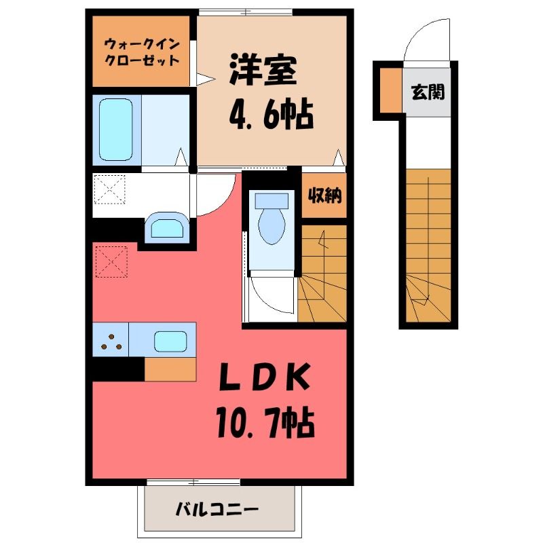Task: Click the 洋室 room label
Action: coord(263,70)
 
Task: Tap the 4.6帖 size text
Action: coord(271,114)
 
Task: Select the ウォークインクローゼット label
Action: coord(142,52)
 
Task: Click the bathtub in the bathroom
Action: coord(115,130)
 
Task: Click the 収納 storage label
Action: coord(324,196)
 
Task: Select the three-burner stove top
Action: coord(111,340)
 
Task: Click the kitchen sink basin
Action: coord(171,341)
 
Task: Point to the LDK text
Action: coord(264,377)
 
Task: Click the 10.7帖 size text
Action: coord(265,424)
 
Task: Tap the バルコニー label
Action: coord(217,510)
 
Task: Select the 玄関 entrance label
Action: coord(428,92)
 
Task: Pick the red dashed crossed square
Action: coord(111,262)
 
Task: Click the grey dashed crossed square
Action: coord(110,189)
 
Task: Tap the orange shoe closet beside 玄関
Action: coord(392,90)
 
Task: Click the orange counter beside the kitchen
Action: coord(170,369)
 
